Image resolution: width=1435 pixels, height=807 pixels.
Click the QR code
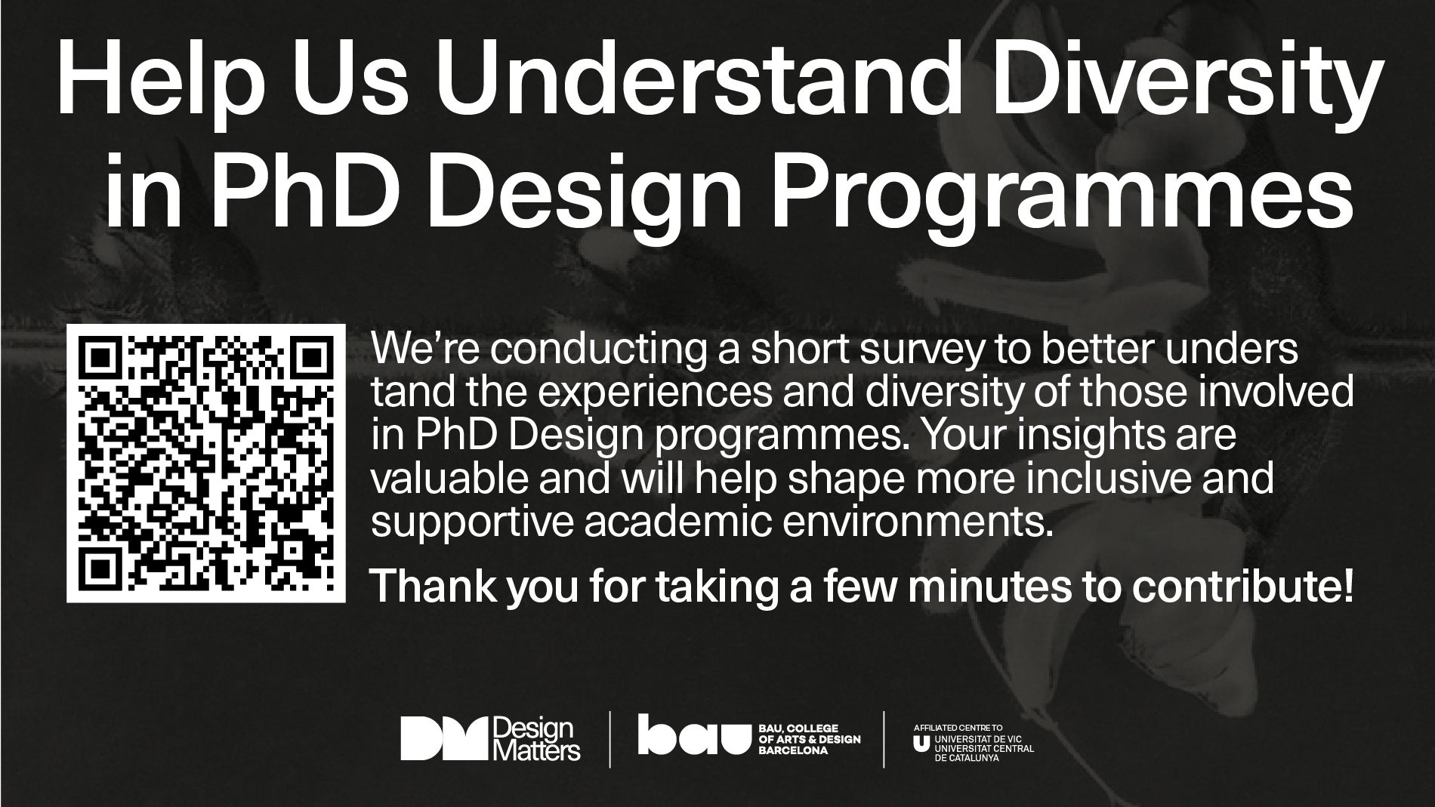(x=206, y=464)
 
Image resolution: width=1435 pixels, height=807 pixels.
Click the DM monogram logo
(x=445, y=738)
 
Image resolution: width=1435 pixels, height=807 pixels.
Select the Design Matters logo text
(x=536, y=738)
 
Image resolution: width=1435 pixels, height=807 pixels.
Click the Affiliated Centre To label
(x=947, y=728)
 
